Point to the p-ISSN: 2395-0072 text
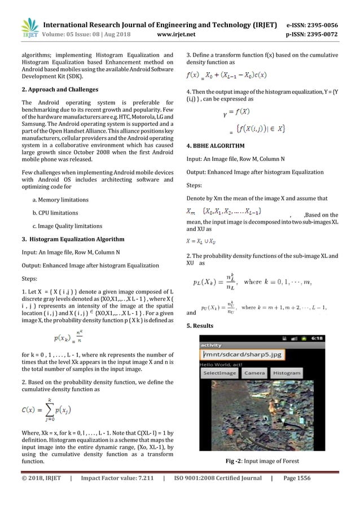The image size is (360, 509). (x=317, y=33)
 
